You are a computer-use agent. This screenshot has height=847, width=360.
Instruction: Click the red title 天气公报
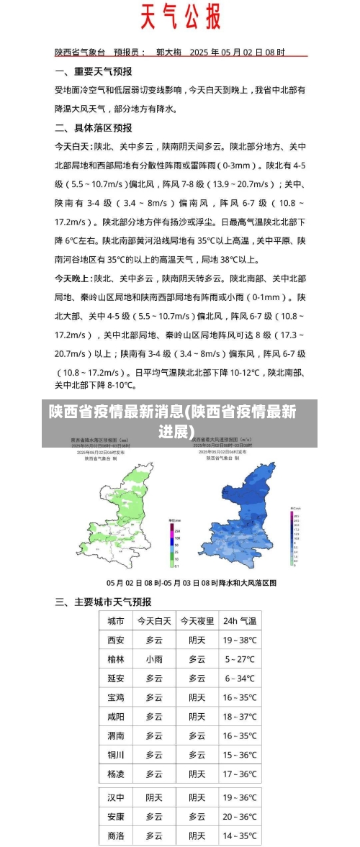pyautogui.click(x=180, y=17)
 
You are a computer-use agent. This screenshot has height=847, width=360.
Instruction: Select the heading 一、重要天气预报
pyautogui.click(x=94, y=72)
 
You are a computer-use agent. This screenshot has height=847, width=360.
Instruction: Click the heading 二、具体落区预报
pyautogui.click(x=94, y=127)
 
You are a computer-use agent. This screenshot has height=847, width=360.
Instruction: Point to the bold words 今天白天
pyautogui.click(x=73, y=146)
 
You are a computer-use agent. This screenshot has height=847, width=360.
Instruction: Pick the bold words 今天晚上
pyautogui.click(x=73, y=278)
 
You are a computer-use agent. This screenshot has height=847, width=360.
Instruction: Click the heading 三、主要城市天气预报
pyautogui.click(x=104, y=602)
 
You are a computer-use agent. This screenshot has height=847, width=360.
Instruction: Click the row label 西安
pyautogui.click(x=116, y=640)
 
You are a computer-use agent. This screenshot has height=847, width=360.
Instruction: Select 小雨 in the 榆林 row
pyautogui.click(x=154, y=659)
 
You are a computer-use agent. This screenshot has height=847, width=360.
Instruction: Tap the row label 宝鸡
pyautogui.click(x=116, y=697)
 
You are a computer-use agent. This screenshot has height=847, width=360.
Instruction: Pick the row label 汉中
pyautogui.click(x=116, y=797)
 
